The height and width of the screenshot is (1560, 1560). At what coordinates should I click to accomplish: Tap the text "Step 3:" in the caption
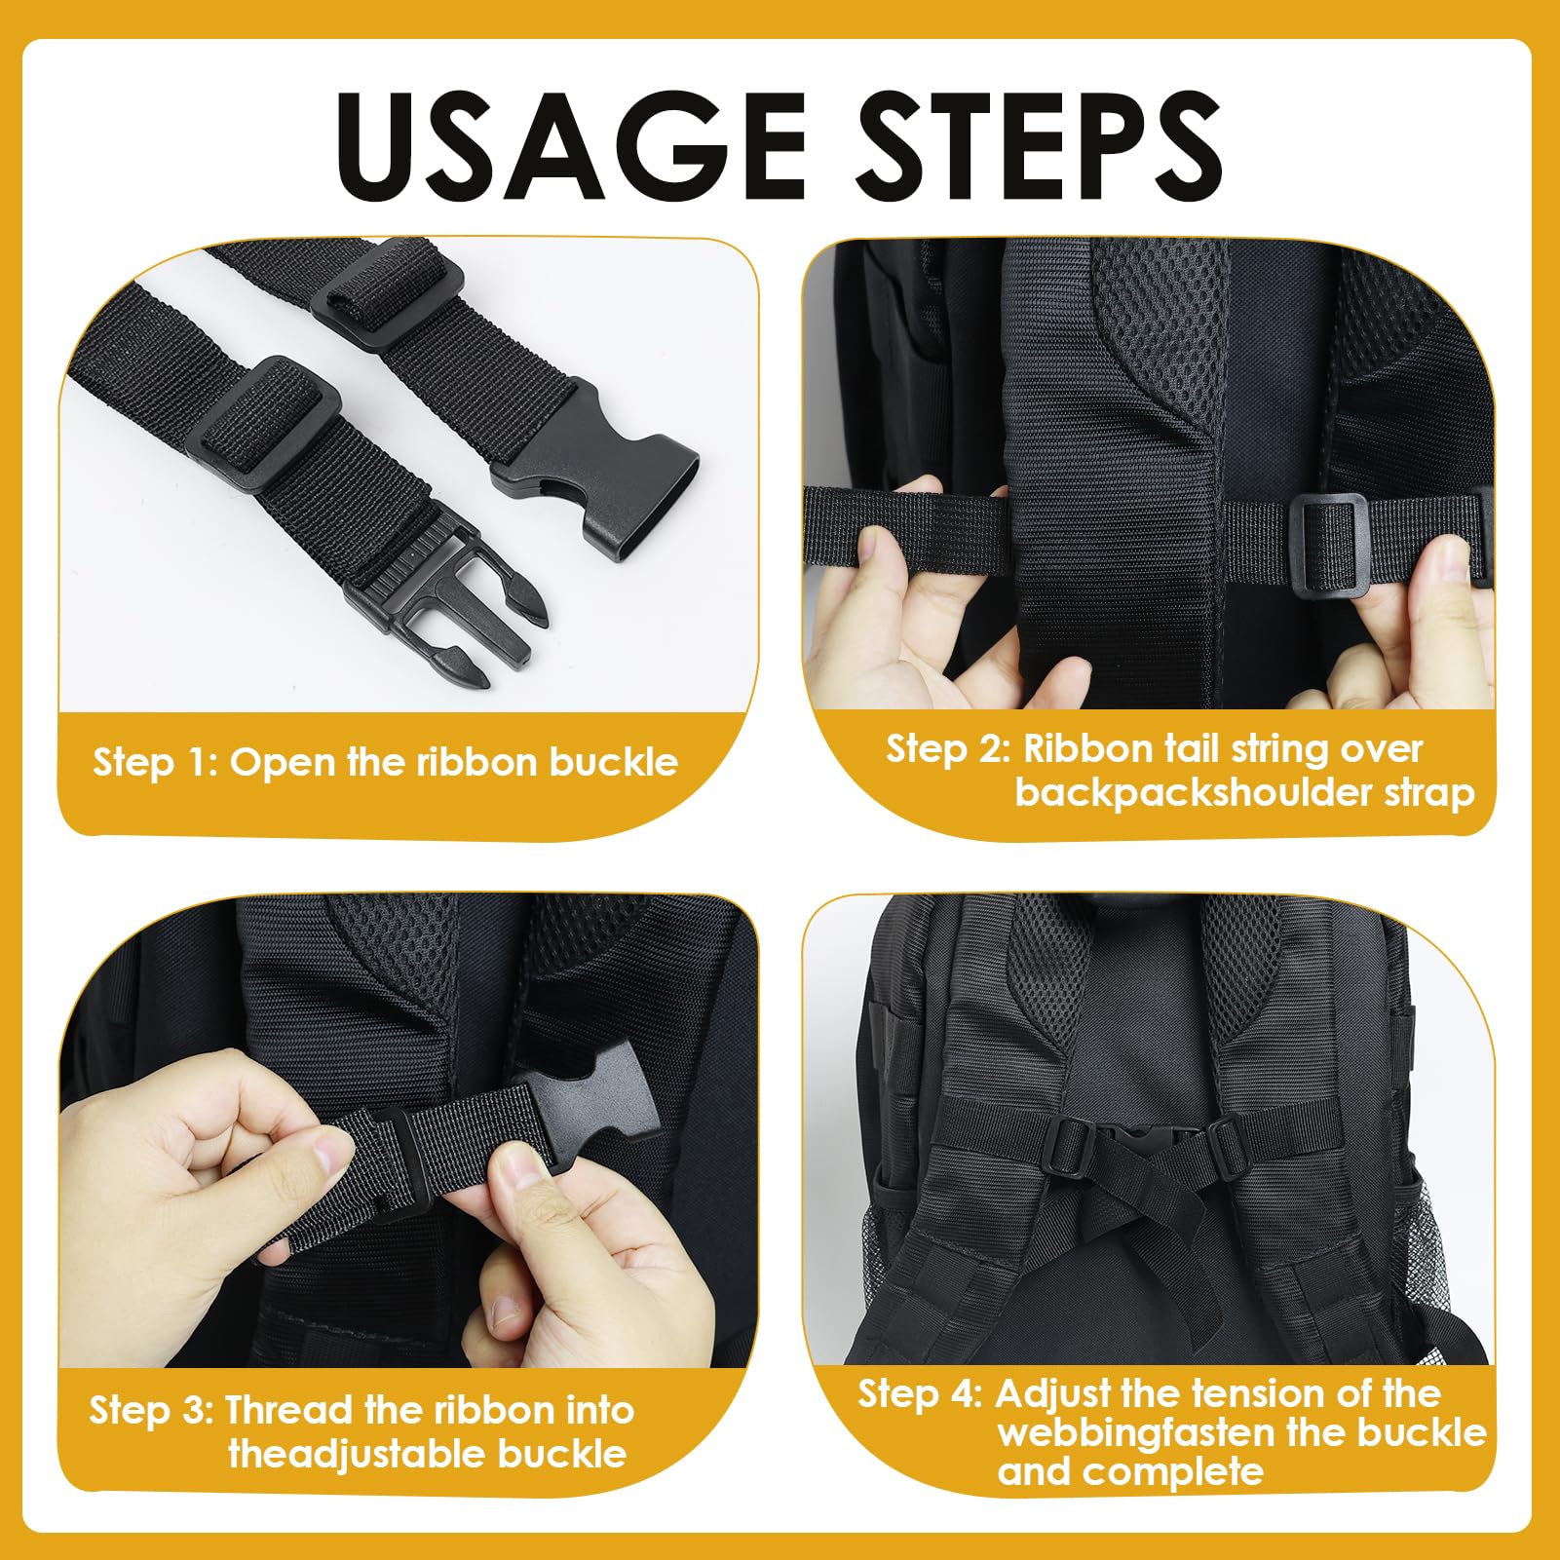pyautogui.click(x=152, y=1410)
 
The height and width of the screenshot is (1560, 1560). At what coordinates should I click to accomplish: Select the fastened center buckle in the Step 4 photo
pyautogui.click(x=1136, y=1140)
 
